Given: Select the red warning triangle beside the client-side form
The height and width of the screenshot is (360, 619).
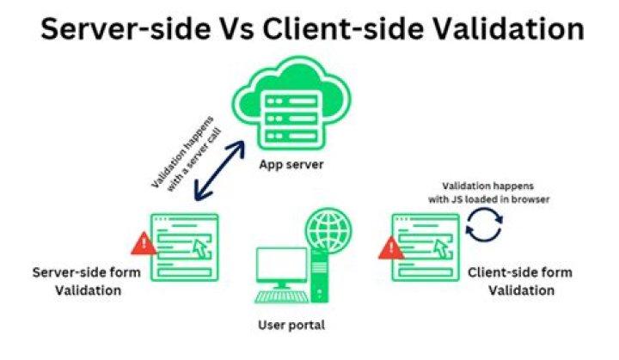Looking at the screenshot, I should [x=389, y=248].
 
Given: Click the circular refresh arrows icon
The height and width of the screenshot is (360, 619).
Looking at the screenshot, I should [x=483, y=227].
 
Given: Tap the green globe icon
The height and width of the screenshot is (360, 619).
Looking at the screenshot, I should [x=328, y=228].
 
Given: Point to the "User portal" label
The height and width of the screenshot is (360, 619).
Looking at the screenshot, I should [x=291, y=326].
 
